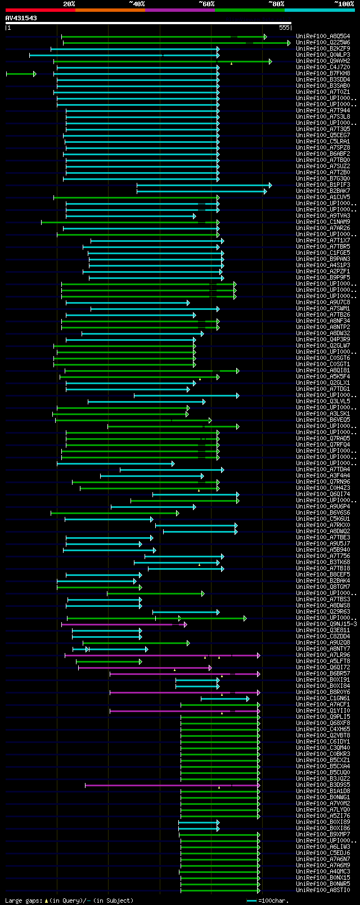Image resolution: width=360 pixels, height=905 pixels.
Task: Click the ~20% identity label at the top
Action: tap(69, 4)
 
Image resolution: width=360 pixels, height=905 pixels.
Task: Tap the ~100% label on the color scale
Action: tap(344, 4)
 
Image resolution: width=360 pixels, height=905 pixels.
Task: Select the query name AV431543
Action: tap(21, 18)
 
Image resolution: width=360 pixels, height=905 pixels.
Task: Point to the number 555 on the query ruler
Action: tap(284, 28)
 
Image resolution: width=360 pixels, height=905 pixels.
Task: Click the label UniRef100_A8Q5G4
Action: tap(323, 37)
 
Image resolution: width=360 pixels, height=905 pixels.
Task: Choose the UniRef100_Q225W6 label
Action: tap(323, 43)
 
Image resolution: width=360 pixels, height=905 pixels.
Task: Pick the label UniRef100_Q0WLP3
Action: tap(323, 55)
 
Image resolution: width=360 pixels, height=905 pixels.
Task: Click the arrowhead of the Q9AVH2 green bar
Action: tap(271, 61)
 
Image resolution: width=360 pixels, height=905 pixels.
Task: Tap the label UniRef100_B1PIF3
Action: tap(323, 185)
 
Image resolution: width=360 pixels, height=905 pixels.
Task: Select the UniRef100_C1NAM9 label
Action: tap(323, 222)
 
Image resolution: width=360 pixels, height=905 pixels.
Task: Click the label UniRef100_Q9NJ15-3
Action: tap(326, 624)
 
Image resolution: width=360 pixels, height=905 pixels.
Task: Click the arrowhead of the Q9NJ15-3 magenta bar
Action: tap(185, 624)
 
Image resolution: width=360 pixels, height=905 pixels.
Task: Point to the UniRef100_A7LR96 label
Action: tap(323, 655)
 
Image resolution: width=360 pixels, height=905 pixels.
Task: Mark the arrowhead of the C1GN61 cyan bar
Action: tap(247, 699)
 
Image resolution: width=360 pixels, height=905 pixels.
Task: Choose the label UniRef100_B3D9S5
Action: tap(323, 785)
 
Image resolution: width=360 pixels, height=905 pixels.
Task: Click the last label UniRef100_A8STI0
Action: tap(323, 890)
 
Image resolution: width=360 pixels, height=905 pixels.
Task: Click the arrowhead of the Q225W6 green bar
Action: tap(289, 43)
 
